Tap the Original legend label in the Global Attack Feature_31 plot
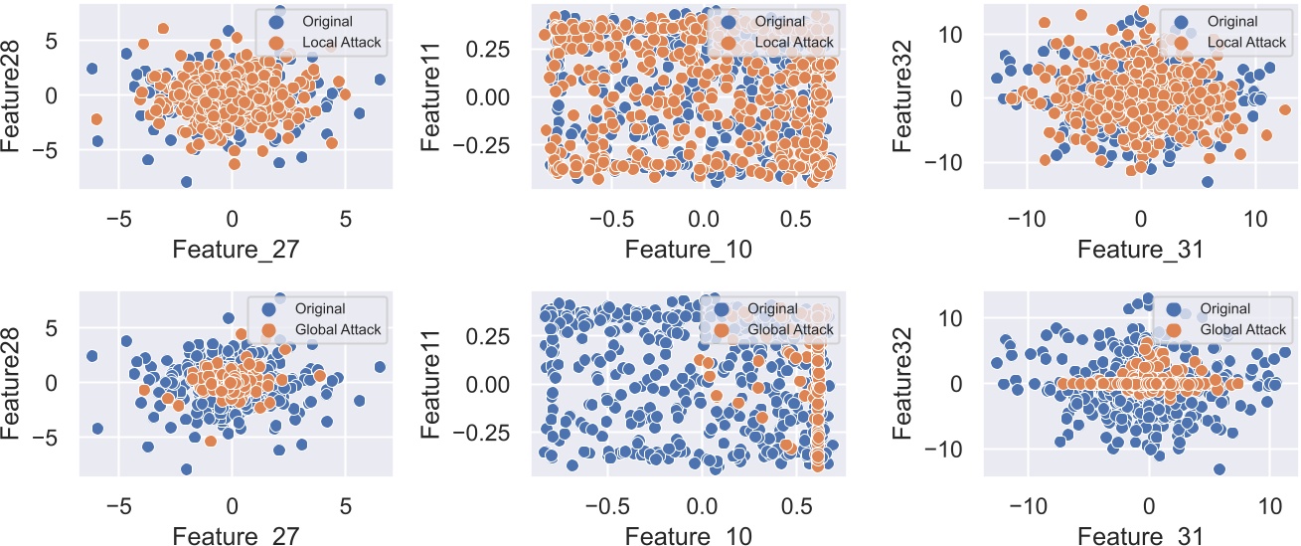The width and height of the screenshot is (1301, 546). click(x=1226, y=309)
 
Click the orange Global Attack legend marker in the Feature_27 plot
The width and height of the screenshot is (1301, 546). click(x=267, y=330)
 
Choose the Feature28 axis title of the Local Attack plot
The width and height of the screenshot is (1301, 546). click(x=15, y=95)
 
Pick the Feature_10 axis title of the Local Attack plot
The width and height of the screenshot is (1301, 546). click(x=688, y=250)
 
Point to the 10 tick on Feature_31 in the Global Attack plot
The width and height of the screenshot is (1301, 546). click(x=1269, y=505)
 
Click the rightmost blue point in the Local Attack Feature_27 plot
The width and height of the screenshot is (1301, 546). click(x=379, y=80)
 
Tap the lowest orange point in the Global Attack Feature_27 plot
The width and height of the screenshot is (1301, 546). click(x=210, y=441)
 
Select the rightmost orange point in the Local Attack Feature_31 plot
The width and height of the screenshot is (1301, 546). click(x=1285, y=110)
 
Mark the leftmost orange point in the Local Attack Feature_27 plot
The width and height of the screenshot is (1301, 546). click(x=96, y=119)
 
